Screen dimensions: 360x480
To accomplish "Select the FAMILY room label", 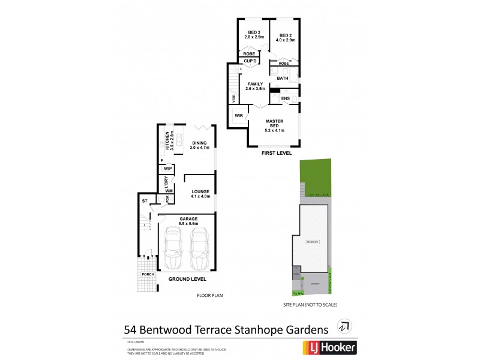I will click(255, 85).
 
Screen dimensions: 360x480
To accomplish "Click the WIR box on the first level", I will click(238, 115).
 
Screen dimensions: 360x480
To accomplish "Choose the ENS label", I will click(285, 98).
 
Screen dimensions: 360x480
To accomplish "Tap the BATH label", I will click(283, 78).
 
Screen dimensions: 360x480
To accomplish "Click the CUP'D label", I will click(250, 61).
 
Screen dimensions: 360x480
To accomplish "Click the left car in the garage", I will click(173, 249).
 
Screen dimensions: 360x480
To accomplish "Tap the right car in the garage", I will click(199, 249).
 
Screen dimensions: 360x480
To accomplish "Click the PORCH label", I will click(147, 274).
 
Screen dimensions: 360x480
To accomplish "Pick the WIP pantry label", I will click(167, 169).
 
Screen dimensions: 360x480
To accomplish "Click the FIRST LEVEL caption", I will click(277, 154).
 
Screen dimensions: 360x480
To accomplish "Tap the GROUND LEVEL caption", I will click(187, 280).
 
